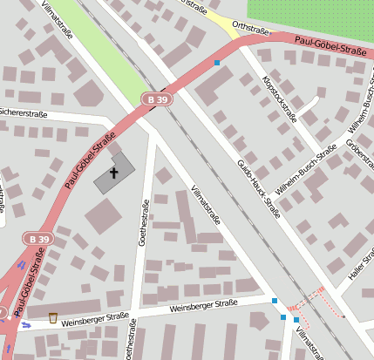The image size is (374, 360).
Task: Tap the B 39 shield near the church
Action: pyautogui.click(x=157, y=100)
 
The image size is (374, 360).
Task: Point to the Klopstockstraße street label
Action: pyautogui.click(x=279, y=97)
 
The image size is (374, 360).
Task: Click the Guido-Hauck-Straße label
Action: pyautogui.click(x=259, y=186)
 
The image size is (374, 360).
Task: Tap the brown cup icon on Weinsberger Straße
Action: pyautogui.click(x=54, y=317)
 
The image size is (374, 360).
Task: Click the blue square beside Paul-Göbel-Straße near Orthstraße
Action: pyautogui.click(x=216, y=63)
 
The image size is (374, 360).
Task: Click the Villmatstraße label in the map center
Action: pyautogui.click(x=205, y=206)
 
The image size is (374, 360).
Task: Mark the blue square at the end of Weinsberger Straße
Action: pyautogui.click(x=275, y=301)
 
